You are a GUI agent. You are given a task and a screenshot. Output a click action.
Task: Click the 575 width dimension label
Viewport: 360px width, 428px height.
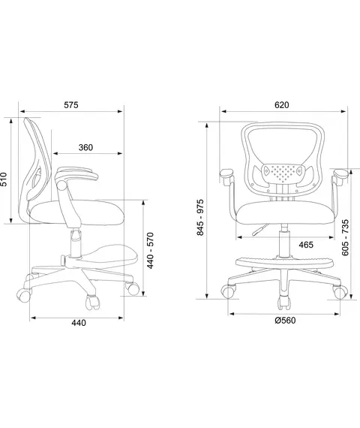(x=71, y=105)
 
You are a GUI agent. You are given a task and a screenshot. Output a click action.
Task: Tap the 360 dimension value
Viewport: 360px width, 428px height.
(x=85, y=147)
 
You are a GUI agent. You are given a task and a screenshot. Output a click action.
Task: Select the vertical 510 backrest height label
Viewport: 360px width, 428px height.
(x=4, y=179)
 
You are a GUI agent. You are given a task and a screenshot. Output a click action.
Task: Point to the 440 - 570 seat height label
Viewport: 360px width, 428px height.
(x=150, y=250)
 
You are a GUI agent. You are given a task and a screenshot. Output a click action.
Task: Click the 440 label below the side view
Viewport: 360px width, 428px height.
(x=79, y=323)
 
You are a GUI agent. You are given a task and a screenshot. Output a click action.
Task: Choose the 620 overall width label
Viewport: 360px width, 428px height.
(x=281, y=105)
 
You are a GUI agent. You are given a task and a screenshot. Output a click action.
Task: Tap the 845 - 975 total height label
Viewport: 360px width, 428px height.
(x=200, y=217)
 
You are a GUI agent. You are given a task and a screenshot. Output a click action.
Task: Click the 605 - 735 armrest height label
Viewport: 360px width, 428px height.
(x=345, y=237)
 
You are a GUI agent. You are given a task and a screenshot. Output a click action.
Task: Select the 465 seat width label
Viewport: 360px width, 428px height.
(x=306, y=245)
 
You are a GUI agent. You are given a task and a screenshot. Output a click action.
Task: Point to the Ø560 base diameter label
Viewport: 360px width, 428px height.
(x=285, y=320)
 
